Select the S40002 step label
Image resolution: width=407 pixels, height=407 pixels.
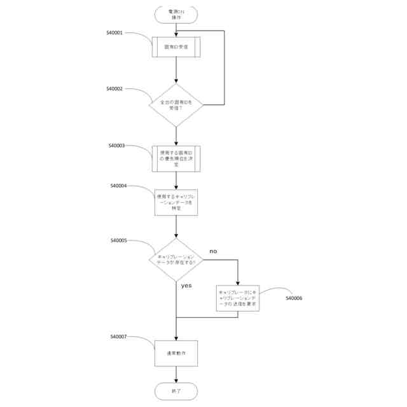tap(116, 88)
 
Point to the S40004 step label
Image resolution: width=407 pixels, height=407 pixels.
tap(119, 186)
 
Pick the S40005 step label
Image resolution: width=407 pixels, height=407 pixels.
tap(119, 240)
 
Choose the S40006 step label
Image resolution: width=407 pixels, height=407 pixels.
tap(294, 298)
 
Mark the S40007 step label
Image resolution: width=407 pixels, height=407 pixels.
tap(119, 336)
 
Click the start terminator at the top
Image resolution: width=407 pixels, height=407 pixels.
tap(176, 15)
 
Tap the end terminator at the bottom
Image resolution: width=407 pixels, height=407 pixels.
tap(176, 390)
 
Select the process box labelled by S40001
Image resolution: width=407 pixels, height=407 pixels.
tap(176, 47)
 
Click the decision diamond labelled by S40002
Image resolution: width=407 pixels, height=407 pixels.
tap(176, 105)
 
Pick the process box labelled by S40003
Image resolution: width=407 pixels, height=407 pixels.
tap(176, 159)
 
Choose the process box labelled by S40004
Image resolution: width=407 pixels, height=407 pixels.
tap(176, 202)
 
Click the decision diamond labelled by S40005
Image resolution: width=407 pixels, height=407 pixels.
tap(176, 259)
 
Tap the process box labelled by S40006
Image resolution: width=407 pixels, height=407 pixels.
tap(238, 298)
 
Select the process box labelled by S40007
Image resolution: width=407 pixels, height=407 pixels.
tap(176, 353)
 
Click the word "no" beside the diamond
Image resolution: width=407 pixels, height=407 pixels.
tap(213, 251)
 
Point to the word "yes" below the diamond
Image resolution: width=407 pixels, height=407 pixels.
tap(186, 286)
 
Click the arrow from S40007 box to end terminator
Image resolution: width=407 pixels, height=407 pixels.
tap(176, 375)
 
